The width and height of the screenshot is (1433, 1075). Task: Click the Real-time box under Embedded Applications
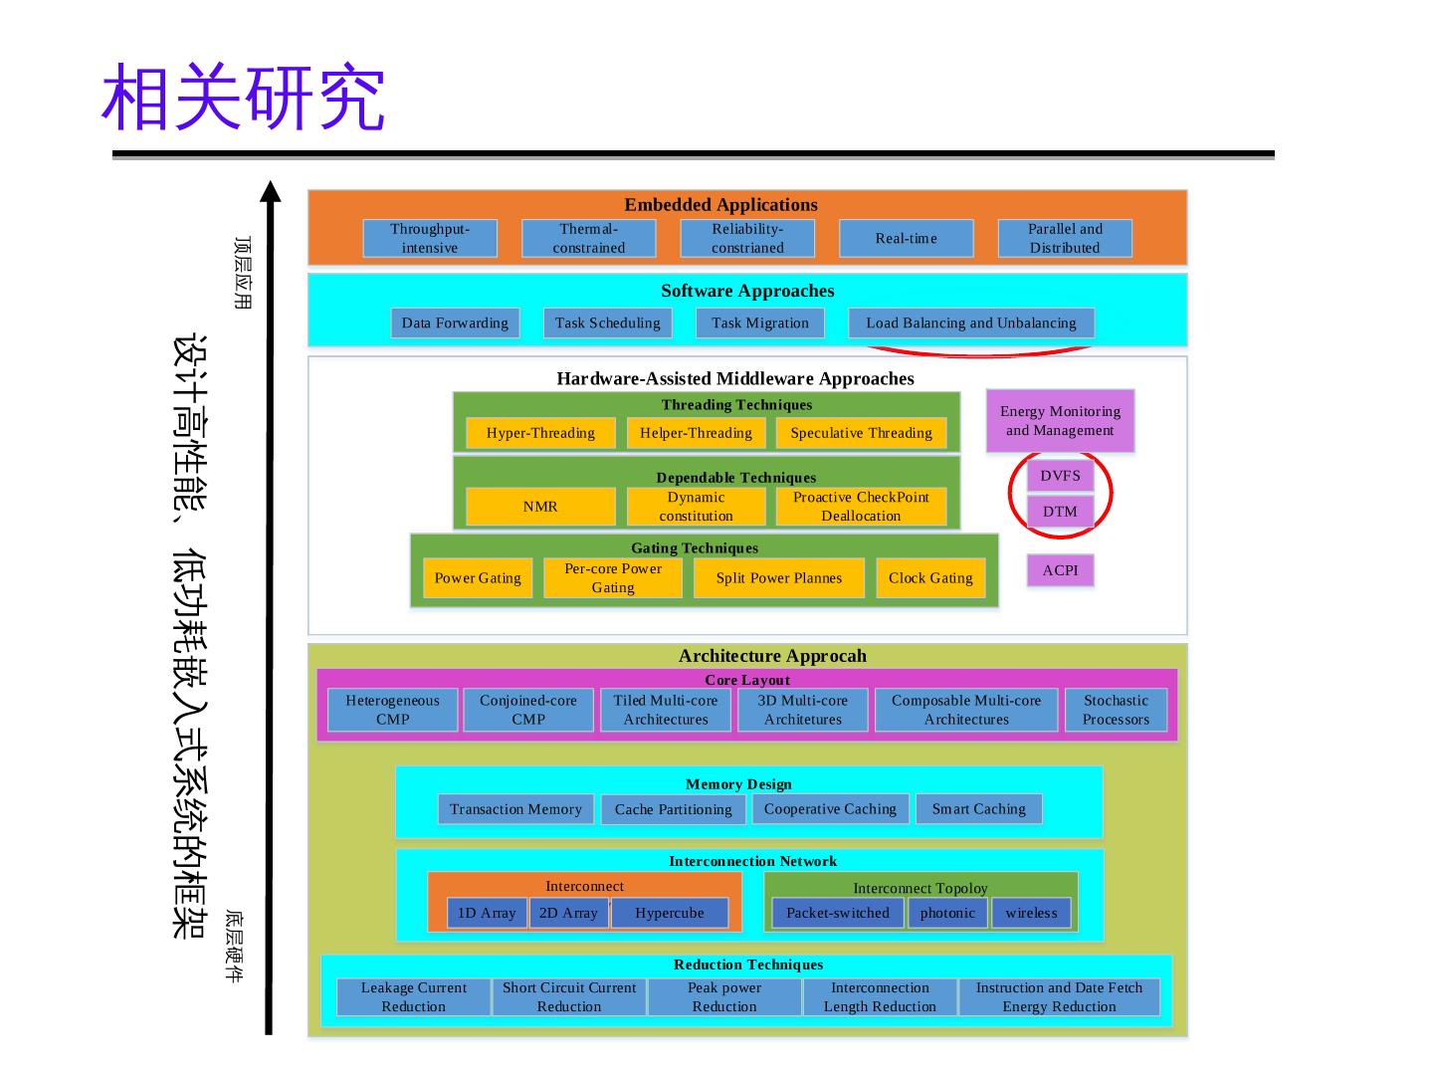tap(906, 239)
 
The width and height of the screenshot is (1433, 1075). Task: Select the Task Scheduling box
tap(607, 322)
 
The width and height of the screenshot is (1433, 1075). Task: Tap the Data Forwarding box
tap(455, 322)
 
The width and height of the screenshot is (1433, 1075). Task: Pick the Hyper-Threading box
tap(540, 433)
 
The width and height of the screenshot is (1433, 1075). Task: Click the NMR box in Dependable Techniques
tap(540, 507)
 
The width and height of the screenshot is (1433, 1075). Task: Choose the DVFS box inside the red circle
tap(1060, 476)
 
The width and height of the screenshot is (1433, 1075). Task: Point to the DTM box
tap(1060, 512)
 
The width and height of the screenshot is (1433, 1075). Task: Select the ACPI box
tap(1060, 570)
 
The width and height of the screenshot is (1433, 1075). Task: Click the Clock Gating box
tap(930, 578)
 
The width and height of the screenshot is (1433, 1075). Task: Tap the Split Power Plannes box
tap(778, 578)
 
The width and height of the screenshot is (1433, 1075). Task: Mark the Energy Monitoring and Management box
tap(1060, 421)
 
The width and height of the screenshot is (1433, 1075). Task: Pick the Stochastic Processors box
tap(1116, 710)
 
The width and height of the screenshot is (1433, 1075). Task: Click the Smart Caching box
tap(978, 809)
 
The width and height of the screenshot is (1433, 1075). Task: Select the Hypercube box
tap(669, 913)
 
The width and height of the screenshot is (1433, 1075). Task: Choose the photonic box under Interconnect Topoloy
tap(947, 913)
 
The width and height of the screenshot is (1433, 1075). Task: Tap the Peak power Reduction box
tap(724, 997)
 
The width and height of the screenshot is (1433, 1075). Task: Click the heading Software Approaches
tap(747, 291)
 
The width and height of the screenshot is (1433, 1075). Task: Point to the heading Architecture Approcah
tap(772, 656)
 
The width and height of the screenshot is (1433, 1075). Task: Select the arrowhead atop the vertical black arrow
tap(270, 190)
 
